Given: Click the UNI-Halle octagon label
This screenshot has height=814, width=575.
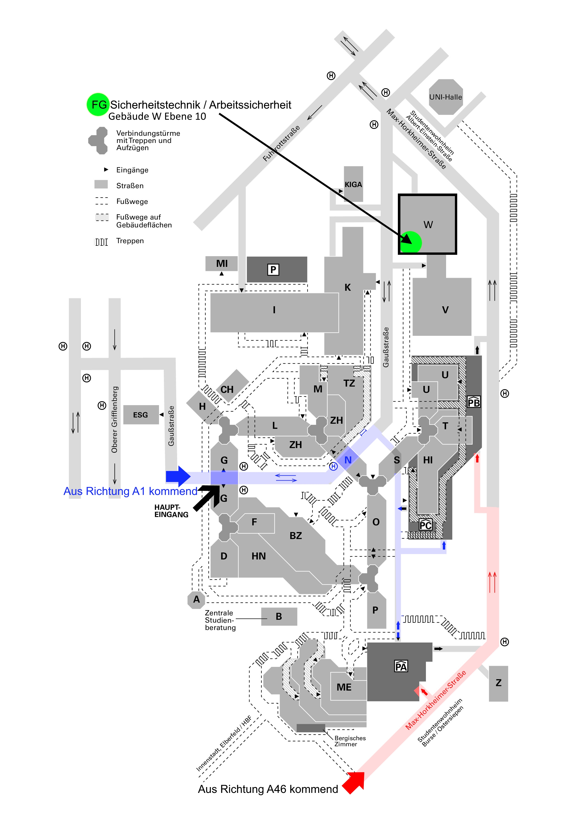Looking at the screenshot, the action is (445, 97).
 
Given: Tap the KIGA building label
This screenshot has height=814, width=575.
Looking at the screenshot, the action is (353, 184).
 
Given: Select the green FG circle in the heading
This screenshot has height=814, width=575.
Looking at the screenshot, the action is (98, 105).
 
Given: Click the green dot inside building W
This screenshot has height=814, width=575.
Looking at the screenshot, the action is (411, 242).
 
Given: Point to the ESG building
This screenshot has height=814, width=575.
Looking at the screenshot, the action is (141, 414).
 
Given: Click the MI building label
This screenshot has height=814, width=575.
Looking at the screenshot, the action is (222, 263).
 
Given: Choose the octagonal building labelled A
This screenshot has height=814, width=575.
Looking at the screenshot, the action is (196, 600).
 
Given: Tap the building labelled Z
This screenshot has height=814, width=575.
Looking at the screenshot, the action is (498, 684).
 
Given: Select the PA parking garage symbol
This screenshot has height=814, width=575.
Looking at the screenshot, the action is (401, 666).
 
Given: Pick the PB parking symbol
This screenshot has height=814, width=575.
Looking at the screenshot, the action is (474, 402).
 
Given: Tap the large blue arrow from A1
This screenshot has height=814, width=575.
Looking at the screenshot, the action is (178, 476).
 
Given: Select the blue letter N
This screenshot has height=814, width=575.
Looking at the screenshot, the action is (348, 460).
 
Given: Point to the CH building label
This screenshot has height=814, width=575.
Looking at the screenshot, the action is (227, 390).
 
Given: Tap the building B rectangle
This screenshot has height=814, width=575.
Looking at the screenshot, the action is (279, 617).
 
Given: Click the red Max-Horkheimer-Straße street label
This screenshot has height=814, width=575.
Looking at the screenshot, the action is (435, 700).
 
